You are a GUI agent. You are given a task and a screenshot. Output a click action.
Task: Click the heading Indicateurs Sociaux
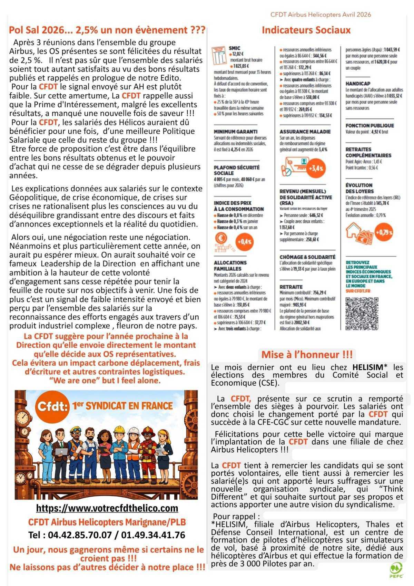coord(306,30)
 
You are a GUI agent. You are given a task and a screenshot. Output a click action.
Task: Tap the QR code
coord(362,313)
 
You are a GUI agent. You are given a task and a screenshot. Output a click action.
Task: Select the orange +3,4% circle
coord(316,168)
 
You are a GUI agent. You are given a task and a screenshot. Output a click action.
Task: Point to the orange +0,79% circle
coord(384,232)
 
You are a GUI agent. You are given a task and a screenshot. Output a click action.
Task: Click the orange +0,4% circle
coord(244,241)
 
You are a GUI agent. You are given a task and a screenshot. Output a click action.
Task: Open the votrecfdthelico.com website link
coord(107,508)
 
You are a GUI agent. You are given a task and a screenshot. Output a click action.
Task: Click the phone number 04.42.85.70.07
coord(80,535)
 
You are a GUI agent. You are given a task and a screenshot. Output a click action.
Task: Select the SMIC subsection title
coord(234,48)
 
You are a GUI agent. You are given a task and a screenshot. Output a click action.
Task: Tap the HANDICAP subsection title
coord(358,84)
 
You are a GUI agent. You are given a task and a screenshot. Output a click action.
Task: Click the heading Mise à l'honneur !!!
coord(307,354)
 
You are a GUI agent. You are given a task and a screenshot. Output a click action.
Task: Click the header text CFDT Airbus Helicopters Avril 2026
coord(321,15)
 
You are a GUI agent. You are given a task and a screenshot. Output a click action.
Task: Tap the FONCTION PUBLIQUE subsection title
coord(369,126)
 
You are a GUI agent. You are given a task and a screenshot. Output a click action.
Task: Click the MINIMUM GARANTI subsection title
coord(235,132)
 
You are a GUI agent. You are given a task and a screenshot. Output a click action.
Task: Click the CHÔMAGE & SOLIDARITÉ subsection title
coord(307,257)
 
